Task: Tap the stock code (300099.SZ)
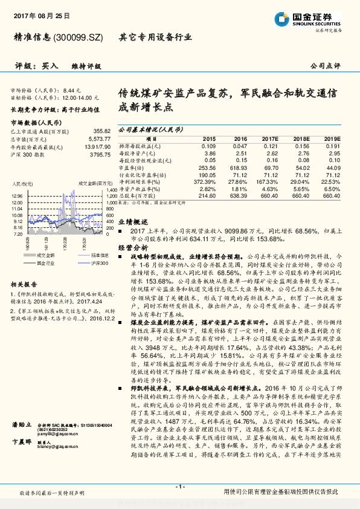(x=79, y=37)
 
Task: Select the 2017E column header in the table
(x=269, y=138)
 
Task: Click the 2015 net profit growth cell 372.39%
(x=205, y=181)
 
